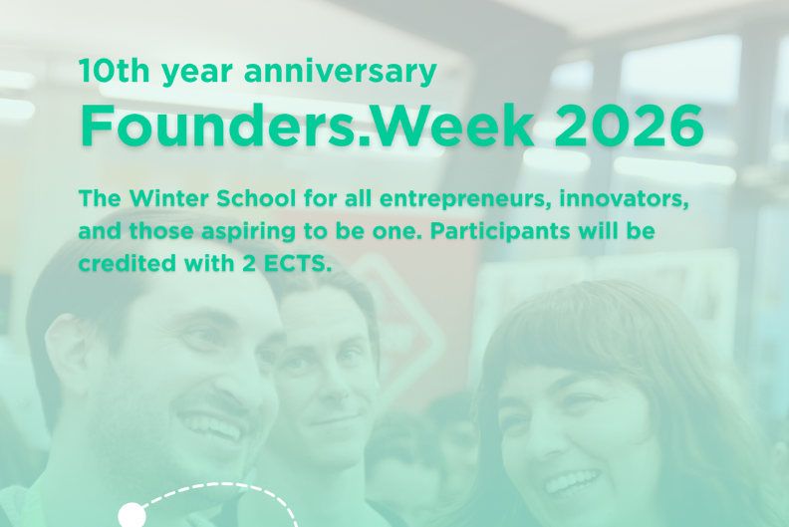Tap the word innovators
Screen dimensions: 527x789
point(618,197)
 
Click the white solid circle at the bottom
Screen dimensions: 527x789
point(131,515)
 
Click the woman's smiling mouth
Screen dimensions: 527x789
point(572,482)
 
